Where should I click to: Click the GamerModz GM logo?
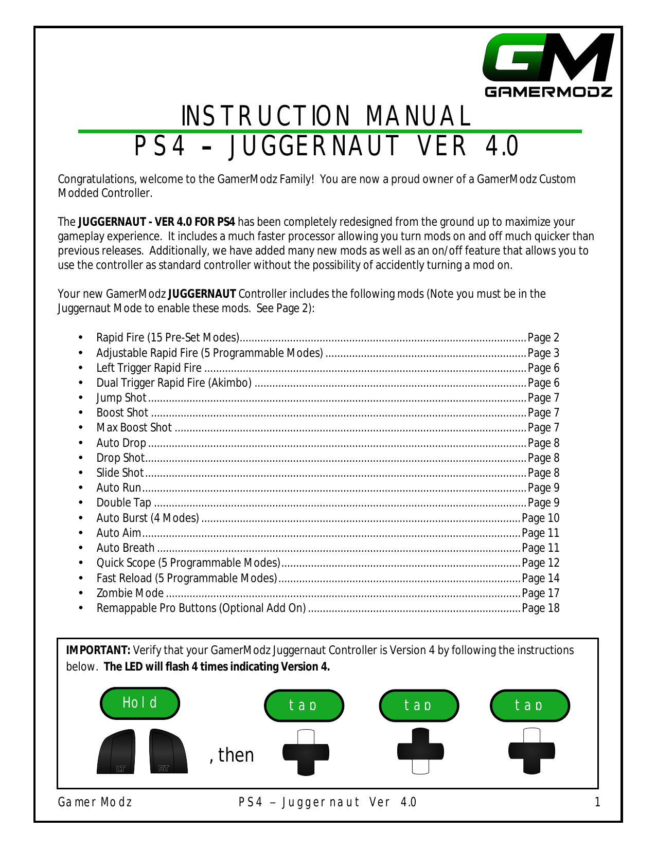(x=548, y=65)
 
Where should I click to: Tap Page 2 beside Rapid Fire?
(x=543, y=338)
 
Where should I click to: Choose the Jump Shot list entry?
(x=121, y=398)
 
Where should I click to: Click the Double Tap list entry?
(x=124, y=503)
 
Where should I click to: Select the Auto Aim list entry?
(x=118, y=533)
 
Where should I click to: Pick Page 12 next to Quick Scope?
(x=540, y=563)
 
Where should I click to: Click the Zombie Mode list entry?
(x=130, y=593)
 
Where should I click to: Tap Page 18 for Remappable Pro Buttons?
(x=540, y=608)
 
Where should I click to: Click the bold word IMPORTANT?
(x=98, y=651)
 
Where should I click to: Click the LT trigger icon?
(x=116, y=751)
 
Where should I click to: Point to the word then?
(x=236, y=755)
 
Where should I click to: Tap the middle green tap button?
(x=418, y=705)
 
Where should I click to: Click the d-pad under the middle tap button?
(x=420, y=751)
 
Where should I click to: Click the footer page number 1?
(x=597, y=802)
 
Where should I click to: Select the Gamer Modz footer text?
(x=95, y=802)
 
